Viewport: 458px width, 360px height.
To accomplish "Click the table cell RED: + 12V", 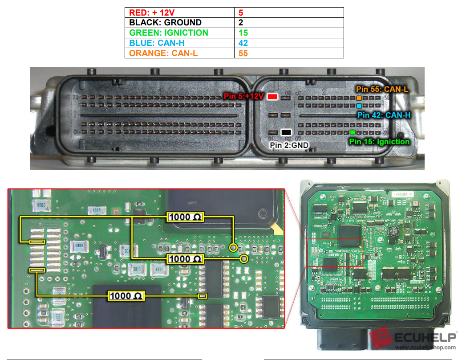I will (x=179, y=12).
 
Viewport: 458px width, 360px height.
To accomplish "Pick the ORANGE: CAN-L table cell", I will (x=179, y=53).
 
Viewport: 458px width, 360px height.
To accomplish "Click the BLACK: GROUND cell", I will (x=179, y=23).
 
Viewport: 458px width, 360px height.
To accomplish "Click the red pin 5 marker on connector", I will (x=272, y=96).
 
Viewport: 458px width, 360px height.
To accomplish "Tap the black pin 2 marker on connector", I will (x=286, y=132).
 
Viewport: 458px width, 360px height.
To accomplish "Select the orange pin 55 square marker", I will (x=359, y=98).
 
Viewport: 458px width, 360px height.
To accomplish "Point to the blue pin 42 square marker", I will (x=359, y=106).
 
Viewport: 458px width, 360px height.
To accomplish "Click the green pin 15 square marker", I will (x=353, y=132).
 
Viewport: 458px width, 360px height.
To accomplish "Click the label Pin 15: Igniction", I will (x=379, y=142).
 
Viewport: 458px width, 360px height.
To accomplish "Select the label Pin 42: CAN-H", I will (x=384, y=115).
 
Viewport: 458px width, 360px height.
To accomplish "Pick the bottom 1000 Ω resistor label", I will (x=126, y=295).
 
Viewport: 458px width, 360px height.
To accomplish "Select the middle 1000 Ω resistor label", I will (x=185, y=258).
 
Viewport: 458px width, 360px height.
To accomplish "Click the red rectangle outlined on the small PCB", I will (x=335, y=252).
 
